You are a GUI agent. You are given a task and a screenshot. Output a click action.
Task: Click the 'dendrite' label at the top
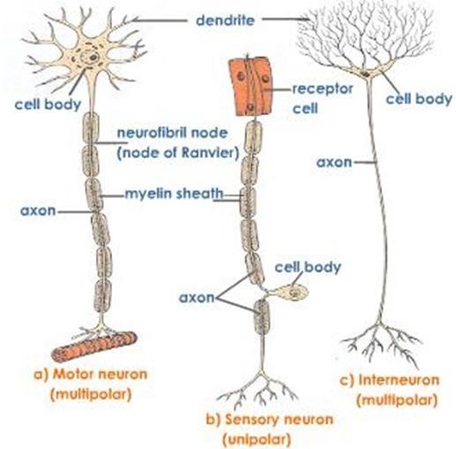(x=226, y=18)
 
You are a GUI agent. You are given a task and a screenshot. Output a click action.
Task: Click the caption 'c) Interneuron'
(x=386, y=381)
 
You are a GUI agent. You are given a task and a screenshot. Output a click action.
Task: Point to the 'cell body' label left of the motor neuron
(x=42, y=102)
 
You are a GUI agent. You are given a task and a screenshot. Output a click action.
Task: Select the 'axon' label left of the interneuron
(x=332, y=163)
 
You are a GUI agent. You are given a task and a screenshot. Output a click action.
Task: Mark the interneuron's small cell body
(x=361, y=69)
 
